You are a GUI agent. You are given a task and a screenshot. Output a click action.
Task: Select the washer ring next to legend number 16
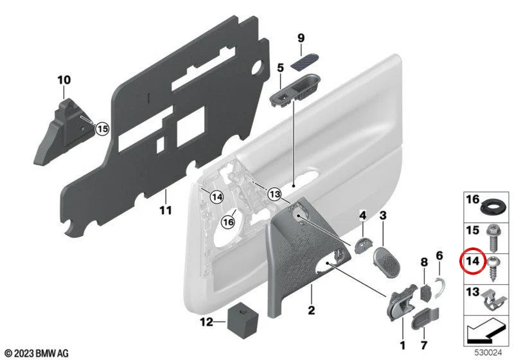(491, 208)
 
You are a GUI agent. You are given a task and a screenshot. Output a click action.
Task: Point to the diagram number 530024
(488, 353)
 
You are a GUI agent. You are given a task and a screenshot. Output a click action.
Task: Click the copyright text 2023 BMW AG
(37, 353)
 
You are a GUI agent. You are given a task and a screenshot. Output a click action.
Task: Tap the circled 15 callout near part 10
(102, 129)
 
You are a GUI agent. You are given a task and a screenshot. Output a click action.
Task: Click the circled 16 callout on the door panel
(228, 222)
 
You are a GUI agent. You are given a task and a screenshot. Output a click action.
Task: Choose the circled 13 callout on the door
(275, 194)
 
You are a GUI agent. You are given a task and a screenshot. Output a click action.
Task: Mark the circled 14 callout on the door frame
(217, 197)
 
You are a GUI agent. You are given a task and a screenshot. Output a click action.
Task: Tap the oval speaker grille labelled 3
(387, 263)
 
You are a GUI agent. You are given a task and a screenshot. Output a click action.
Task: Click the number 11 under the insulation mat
(166, 210)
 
